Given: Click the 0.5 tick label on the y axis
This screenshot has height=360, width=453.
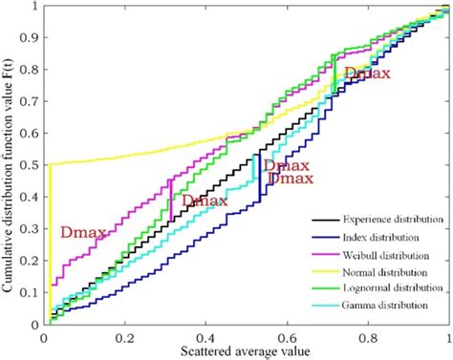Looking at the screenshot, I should click(31, 166).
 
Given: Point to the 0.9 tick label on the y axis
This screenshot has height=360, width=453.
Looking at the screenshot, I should click(31, 38).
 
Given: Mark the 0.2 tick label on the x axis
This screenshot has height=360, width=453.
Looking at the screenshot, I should click(125, 338).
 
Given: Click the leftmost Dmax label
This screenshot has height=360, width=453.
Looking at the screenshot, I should click(82, 231).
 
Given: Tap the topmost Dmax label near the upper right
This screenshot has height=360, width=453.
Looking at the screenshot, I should click(367, 73).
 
